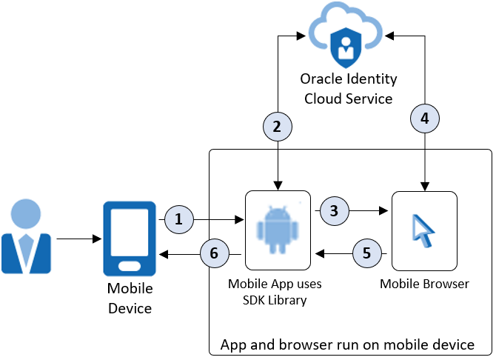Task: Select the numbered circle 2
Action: pyautogui.click(x=278, y=127)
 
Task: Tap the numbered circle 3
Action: pyautogui.click(x=334, y=210)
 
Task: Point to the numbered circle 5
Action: pyautogui.click(x=366, y=253)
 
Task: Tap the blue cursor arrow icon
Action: pyautogui.click(x=421, y=230)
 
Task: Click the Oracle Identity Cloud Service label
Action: pyautogui.click(x=348, y=88)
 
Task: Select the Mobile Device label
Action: pyautogui.click(x=130, y=298)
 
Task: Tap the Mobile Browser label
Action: pyautogui.click(x=424, y=283)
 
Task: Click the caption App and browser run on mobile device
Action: pyautogui.click(x=347, y=344)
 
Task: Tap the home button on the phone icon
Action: pyautogui.click(x=130, y=265)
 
